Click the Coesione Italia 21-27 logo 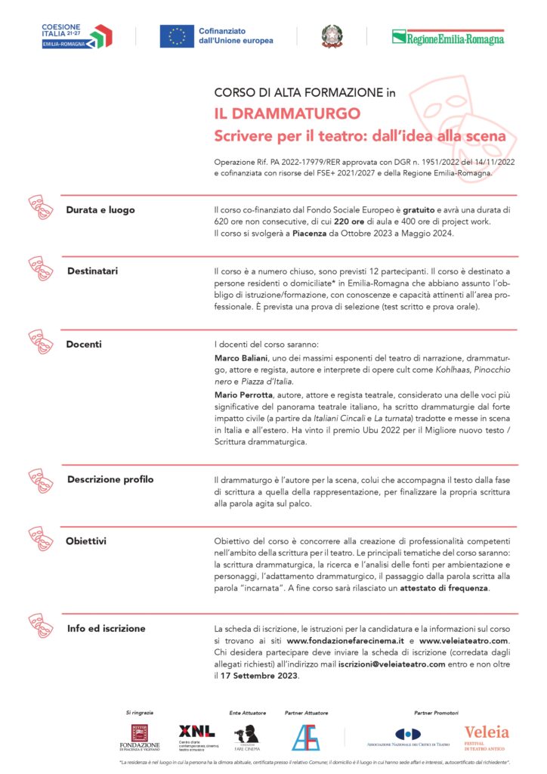pyautogui.click(x=76, y=36)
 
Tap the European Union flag pyautogui.click(x=178, y=36)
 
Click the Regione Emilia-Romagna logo pyautogui.click(x=447, y=36)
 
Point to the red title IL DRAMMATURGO pyautogui.click(x=287, y=115)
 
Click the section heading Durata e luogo pyautogui.click(x=100, y=209)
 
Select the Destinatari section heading pyautogui.click(x=92, y=270)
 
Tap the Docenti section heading pyautogui.click(x=83, y=344)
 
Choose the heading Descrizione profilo pyautogui.click(x=110, y=479)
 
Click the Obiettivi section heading pyautogui.click(x=85, y=541)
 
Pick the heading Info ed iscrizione pyautogui.click(x=106, y=628)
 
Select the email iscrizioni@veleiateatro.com pyautogui.click(x=381, y=664)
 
